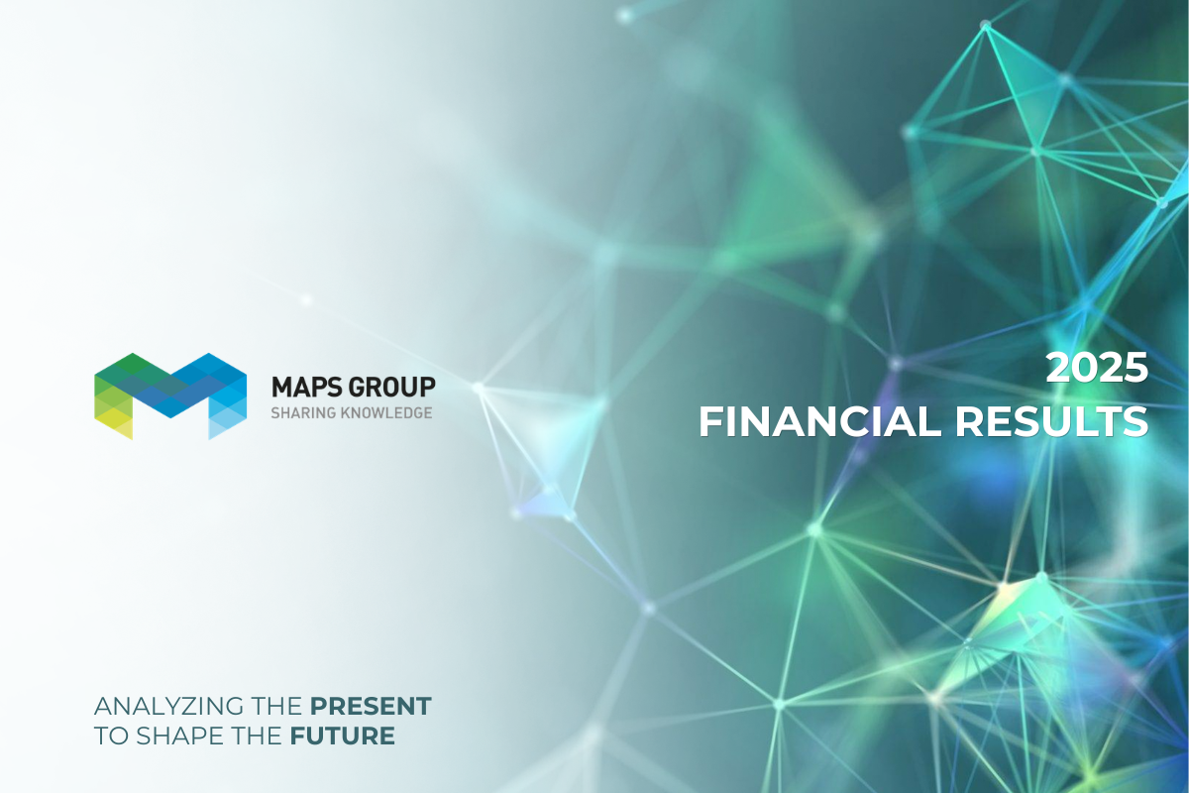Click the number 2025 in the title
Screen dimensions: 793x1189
coord(1098,370)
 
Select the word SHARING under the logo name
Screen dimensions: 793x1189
coord(301,412)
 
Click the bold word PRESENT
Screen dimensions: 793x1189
coord(371,707)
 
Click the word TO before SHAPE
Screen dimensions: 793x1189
coord(108,736)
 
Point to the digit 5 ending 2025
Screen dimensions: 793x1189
coord(1135,370)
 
